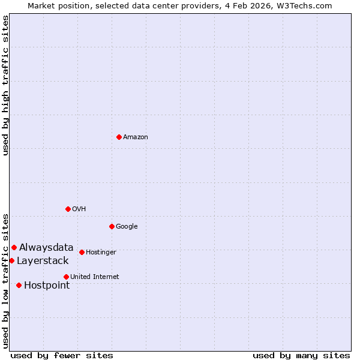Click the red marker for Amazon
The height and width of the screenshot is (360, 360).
point(119,137)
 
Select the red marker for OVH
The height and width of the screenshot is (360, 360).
point(68,209)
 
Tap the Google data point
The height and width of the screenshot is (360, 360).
point(112,226)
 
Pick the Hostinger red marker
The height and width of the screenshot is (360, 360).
point(82,252)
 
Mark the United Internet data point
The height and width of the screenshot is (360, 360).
point(66,277)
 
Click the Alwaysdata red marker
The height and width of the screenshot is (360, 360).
point(14,247)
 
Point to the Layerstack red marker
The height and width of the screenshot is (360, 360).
point(11,260)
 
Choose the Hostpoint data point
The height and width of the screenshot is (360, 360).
point(19,285)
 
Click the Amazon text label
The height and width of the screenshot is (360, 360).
point(136,137)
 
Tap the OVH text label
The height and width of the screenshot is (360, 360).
point(79,209)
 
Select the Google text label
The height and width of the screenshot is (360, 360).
point(127,226)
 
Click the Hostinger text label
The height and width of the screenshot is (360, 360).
point(101,252)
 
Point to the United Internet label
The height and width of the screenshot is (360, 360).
point(94,277)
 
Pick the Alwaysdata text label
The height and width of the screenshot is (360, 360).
point(46,247)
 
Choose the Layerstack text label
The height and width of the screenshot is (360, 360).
point(43,260)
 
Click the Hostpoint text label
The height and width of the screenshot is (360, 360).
point(47,285)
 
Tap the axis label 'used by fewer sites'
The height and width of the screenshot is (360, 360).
point(62,355)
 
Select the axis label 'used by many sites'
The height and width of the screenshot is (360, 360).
point(301,355)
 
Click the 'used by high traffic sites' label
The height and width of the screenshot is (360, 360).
point(5,85)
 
